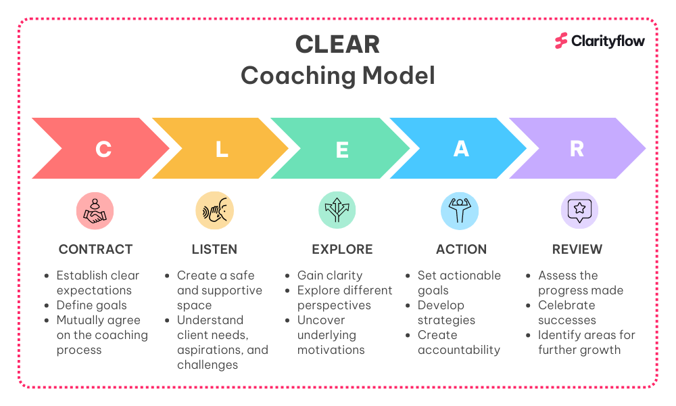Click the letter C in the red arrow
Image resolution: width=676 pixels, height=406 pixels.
click(x=103, y=150)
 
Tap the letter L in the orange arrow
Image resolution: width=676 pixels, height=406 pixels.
click(x=222, y=150)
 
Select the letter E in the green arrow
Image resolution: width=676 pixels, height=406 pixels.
click(x=342, y=150)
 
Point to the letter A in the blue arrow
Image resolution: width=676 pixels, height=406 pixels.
click(x=461, y=149)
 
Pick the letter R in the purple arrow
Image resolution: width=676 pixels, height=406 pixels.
click(x=577, y=149)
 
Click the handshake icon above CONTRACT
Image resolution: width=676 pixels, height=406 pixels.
click(x=95, y=211)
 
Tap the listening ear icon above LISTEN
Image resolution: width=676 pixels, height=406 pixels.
click(x=215, y=210)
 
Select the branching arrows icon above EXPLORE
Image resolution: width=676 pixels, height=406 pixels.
click(x=337, y=210)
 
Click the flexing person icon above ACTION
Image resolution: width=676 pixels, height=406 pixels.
click(x=460, y=210)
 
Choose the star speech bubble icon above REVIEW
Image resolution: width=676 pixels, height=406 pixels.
click(x=579, y=210)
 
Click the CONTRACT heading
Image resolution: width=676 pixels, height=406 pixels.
click(x=96, y=250)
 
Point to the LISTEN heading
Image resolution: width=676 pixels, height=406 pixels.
click(x=214, y=250)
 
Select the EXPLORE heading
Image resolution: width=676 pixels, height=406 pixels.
click(x=342, y=250)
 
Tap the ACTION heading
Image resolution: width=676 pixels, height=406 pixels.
click(x=461, y=250)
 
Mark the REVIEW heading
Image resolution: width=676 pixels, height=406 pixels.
click(x=577, y=250)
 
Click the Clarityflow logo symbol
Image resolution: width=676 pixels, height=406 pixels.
click(x=561, y=41)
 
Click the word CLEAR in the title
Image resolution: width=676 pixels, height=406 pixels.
click(x=337, y=45)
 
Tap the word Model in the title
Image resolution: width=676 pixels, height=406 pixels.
click(x=399, y=76)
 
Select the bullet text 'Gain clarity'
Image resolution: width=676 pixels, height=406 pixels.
click(x=330, y=275)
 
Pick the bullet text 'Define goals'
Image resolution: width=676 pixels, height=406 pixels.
click(x=91, y=305)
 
